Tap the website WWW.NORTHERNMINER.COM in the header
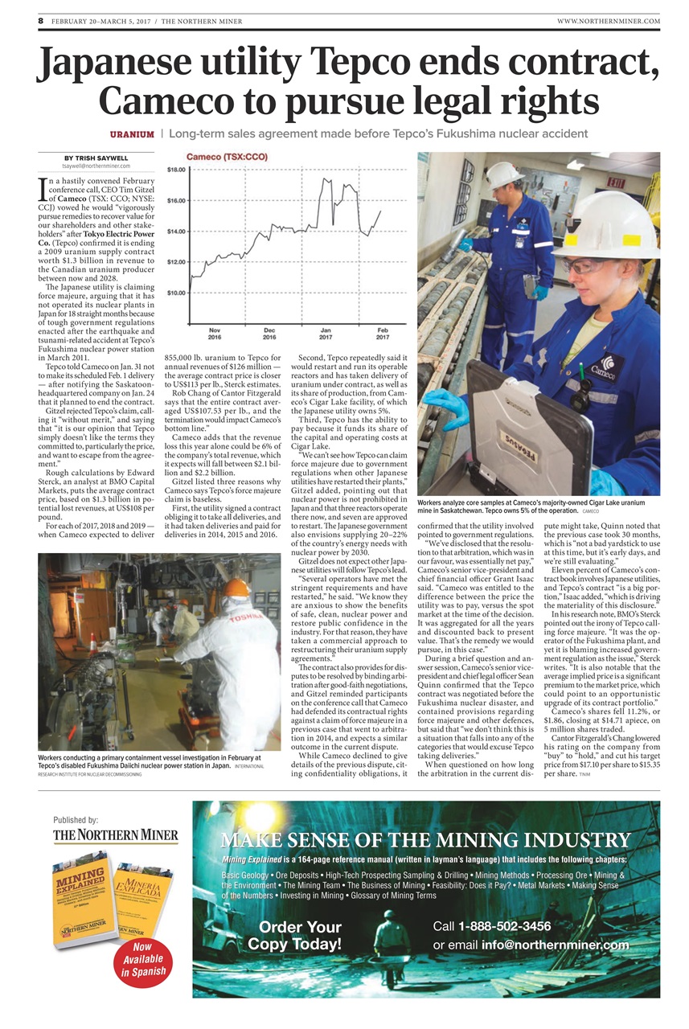[608, 21]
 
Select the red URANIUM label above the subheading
[133, 133]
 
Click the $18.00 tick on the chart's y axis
[176, 170]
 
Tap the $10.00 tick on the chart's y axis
[176, 293]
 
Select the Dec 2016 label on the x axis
[269, 333]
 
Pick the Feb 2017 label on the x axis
[383, 333]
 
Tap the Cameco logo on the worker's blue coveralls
[609, 366]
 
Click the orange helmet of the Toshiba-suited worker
[236, 588]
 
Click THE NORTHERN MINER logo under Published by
[117, 835]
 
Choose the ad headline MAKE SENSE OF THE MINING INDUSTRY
[425, 841]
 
